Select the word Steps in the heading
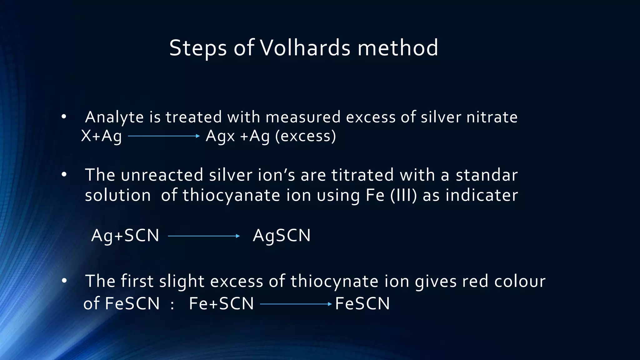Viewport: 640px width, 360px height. [198, 48]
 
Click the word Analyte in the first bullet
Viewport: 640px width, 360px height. [114, 117]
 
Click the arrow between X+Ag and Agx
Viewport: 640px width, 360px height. [164, 136]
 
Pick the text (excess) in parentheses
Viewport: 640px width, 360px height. [306, 136]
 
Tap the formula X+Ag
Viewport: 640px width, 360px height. [101, 136]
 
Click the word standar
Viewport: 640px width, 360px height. [487, 175]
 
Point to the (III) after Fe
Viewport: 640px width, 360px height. [403, 195]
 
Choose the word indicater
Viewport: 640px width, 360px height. [482, 195]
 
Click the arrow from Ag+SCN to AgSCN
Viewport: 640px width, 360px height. [204, 236]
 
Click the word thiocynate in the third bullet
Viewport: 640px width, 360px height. [334, 281]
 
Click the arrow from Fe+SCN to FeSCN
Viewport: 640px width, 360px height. [296, 304]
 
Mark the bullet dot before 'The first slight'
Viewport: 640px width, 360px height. [64, 281]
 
